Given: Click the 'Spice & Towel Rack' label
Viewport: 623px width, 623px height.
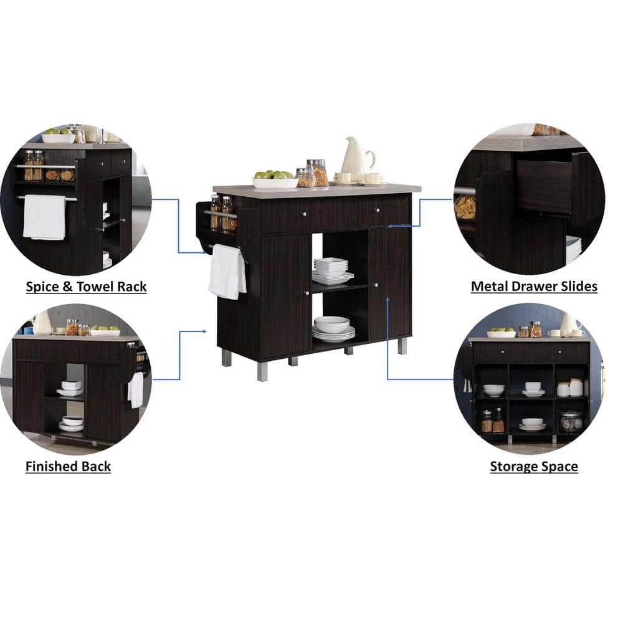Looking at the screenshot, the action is (x=86, y=287).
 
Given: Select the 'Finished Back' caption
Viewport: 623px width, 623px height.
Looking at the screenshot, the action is (x=68, y=466).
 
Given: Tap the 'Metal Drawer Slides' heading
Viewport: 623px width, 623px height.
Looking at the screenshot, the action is (x=534, y=287).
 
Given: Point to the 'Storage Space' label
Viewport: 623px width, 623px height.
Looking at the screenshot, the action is (x=534, y=466).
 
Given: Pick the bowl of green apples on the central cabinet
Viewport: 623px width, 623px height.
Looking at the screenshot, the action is (x=275, y=179).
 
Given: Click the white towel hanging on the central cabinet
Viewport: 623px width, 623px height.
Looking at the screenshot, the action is (x=227, y=272).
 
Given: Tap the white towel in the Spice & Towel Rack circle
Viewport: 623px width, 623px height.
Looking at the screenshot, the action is (x=44, y=217).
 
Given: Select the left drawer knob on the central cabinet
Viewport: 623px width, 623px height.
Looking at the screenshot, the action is (x=305, y=214).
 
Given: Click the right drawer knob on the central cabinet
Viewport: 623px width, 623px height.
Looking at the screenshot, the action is (x=378, y=210).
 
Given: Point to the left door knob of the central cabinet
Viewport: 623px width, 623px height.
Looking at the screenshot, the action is (x=307, y=293).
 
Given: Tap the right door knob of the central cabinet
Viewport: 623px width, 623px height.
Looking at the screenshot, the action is (x=375, y=285).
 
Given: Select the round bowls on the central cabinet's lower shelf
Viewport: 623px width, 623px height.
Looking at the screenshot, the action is (x=333, y=329).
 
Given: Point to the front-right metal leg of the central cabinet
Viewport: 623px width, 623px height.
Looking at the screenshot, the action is (x=402, y=346).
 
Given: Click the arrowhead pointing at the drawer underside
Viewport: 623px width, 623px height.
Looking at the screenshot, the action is (x=390, y=226).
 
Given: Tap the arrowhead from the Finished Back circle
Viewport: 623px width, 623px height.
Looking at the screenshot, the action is (x=204, y=331).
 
